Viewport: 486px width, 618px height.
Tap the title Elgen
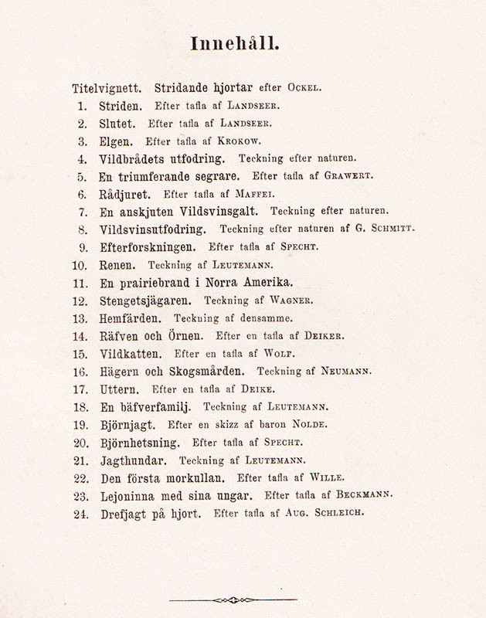coord(117,141)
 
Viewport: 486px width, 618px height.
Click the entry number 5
coord(83,176)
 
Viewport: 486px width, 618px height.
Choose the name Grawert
coord(347,176)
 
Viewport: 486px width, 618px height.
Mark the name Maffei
coord(253,195)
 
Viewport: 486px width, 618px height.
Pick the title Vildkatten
coord(131,353)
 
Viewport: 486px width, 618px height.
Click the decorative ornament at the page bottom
coord(233,599)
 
